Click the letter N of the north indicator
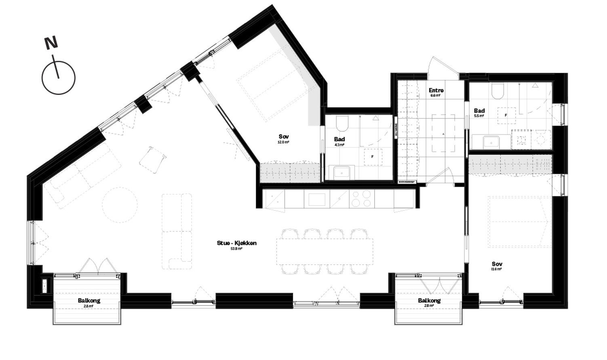(x=51, y=43)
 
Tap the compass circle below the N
(x=59, y=78)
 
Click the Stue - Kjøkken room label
(x=236, y=243)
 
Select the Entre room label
(x=436, y=91)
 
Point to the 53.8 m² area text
(x=236, y=249)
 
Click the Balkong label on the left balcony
(x=89, y=301)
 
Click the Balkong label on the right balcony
(x=429, y=301)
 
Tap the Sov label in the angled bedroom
(x=283, y=137)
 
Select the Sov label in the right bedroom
(x=497, y=264)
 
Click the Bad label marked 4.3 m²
(x=339, y=139)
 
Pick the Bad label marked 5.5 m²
(x=479, y=111)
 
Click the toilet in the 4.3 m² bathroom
(x=342, y=124)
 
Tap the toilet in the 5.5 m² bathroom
(x=497, y=91)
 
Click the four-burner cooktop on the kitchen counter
(x=361, y=199)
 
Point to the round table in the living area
(x=120, y=205)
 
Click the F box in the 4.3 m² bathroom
(x=372, y=157)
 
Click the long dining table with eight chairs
(x=325, y=251)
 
